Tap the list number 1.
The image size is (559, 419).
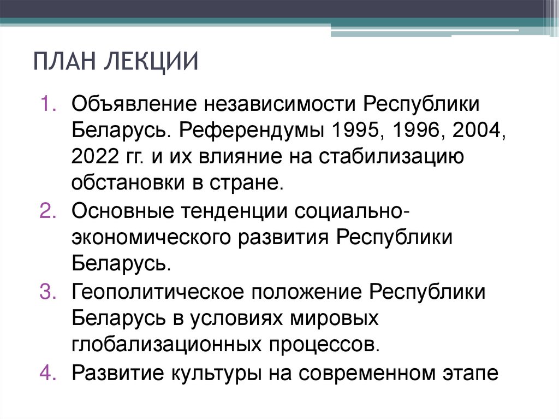[45, 103]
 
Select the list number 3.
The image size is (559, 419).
[45, 292]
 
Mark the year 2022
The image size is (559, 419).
[93, 157]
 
